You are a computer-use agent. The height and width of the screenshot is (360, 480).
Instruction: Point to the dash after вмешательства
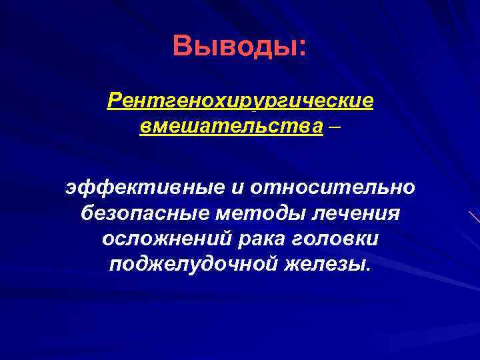point(334,127)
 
